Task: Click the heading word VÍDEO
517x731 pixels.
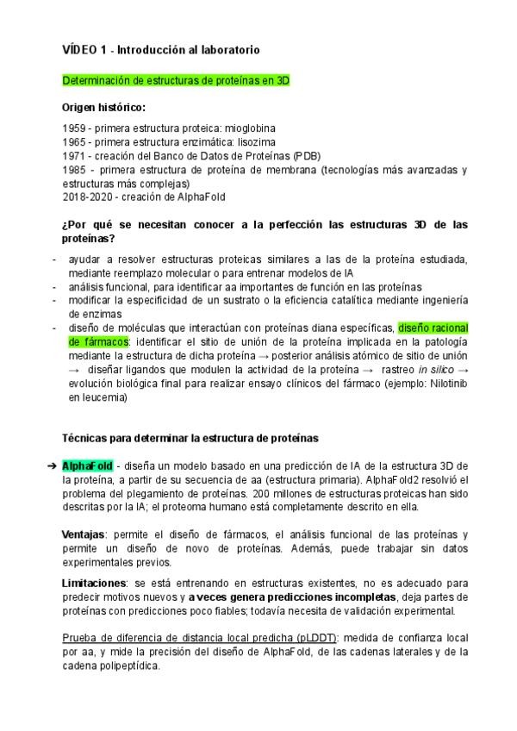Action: tap(83, 51)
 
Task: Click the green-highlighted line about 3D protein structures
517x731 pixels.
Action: tap(177, 79)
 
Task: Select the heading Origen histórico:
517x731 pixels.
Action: tap(103, 108)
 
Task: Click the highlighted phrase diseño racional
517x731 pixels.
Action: tap(433, 328)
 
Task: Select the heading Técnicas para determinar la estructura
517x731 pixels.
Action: tap(191, 438)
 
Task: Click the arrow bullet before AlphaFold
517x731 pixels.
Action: tap(50, 465)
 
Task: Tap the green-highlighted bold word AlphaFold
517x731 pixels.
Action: tap(88, 465)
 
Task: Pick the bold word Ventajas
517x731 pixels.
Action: tap(84, 534)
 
